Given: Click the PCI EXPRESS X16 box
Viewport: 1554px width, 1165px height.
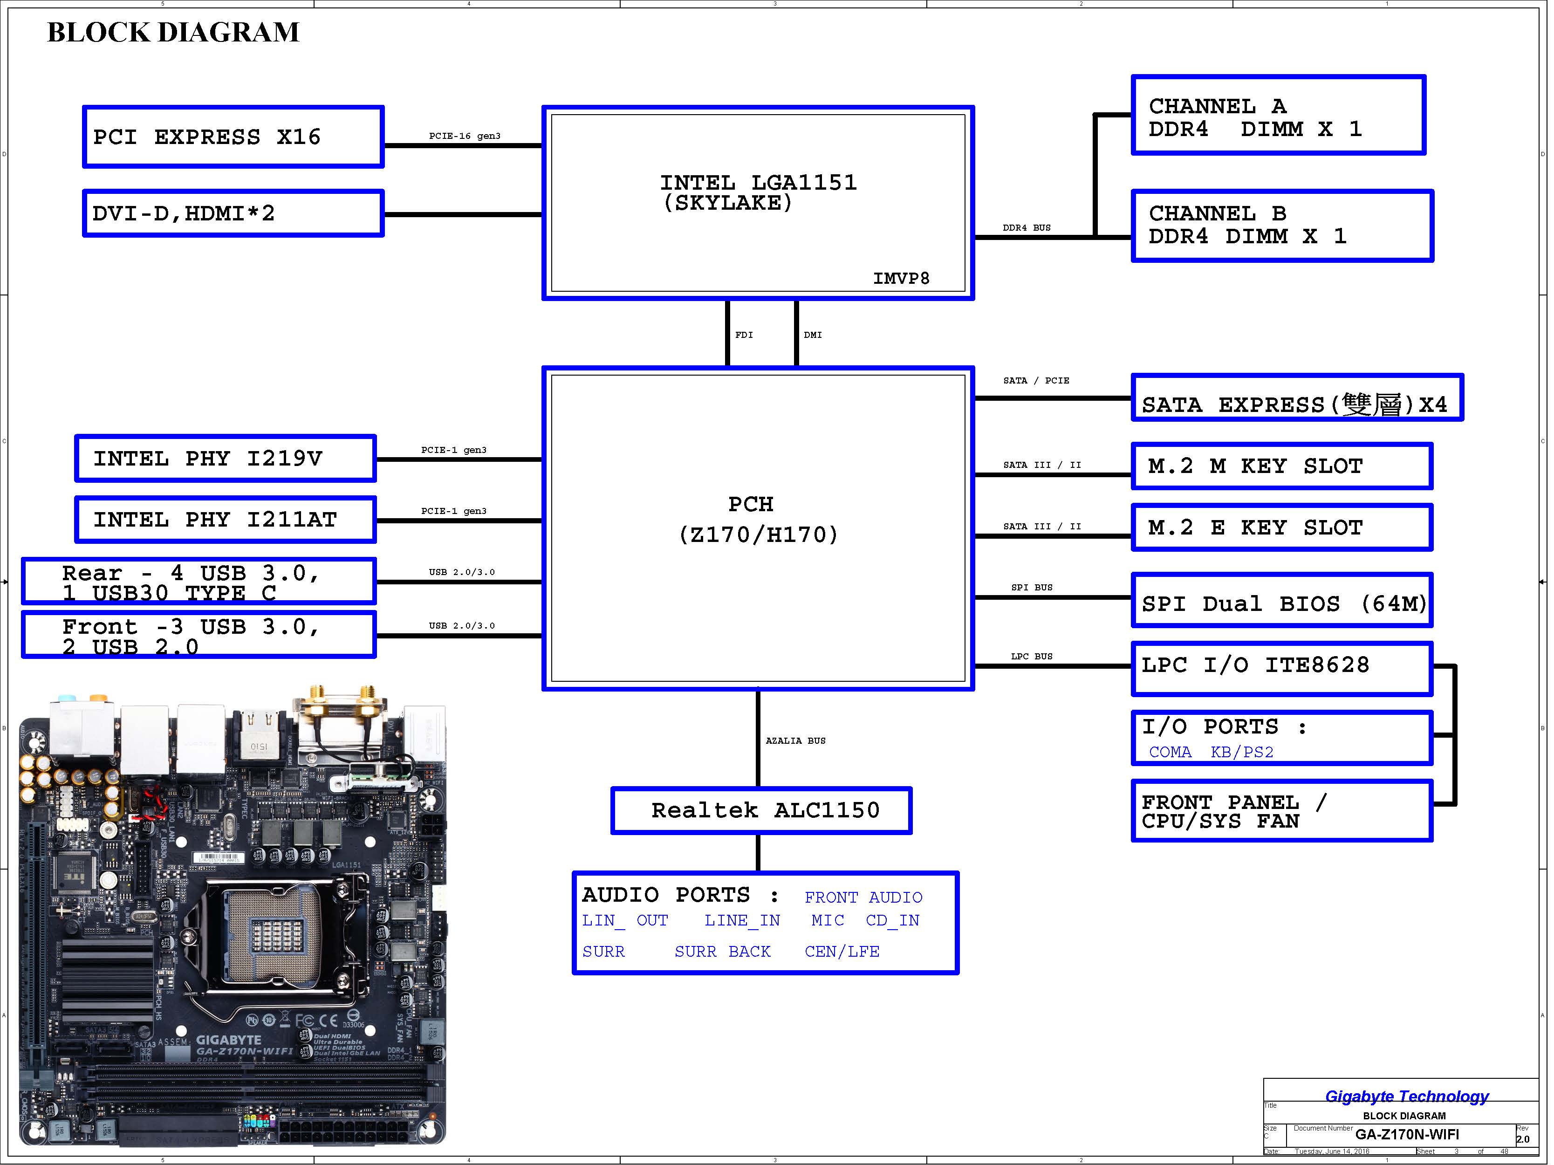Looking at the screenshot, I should coord(233,137).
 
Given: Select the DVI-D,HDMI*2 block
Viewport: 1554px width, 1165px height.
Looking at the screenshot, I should coord(233,213).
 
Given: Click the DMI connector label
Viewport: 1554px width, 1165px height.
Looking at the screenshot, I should coord(812,335).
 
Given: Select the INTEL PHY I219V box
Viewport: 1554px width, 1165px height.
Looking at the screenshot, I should coord(226,459).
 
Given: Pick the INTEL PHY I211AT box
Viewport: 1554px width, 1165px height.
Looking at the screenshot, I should coord(226,520).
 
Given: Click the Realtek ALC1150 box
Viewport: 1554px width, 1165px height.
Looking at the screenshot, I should coord(761,810).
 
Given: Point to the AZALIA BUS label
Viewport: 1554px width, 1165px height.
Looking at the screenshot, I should coord(795,740).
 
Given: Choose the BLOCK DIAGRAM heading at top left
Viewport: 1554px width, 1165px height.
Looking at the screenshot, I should coord(173,32).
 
